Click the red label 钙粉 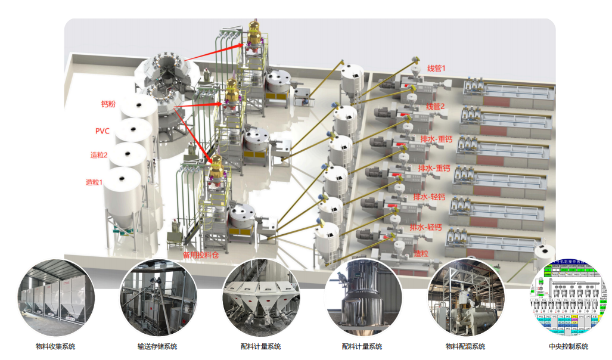[x=108, y=104]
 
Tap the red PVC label [x=102, y=131]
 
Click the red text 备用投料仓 [x=201, y=254]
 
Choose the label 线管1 [x=436, y=69]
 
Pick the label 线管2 [x=436, y=106]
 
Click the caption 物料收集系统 [x=55, y=346]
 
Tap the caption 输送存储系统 [x=157, y=346]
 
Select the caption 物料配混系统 [x=465, y=346]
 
